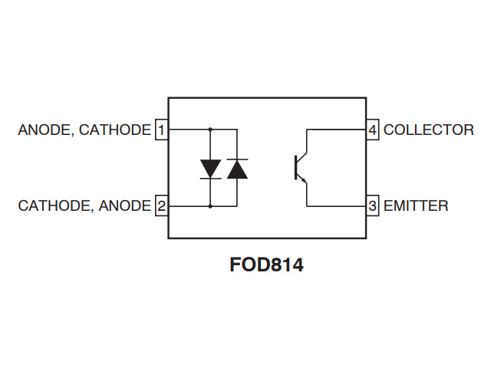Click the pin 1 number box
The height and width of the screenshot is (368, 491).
tap(162, 130)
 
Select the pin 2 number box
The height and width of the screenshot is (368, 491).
tap(162, 205)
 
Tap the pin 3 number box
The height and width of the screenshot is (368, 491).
tap(373, 205)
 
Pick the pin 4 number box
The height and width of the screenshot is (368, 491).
tap(373, 130)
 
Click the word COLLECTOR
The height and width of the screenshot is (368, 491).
tap(429, 130)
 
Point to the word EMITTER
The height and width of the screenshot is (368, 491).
tap(416, 206)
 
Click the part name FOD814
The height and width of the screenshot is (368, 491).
tap(266, 264)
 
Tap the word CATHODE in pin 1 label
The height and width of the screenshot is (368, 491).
tap(115, 130)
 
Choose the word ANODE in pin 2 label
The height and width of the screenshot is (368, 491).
tap(125, 206)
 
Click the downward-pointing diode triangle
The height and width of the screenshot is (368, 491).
tap(210, 169)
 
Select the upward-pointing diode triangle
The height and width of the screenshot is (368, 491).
tap(237, 169)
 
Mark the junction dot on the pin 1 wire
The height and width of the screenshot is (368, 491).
tap(210, 130)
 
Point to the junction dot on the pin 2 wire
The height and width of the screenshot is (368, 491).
tap(210, 206)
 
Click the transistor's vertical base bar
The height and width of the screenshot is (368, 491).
tap(295, 167)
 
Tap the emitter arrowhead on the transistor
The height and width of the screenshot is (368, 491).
tap(304, 180)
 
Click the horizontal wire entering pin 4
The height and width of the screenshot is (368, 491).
tap(337, 130)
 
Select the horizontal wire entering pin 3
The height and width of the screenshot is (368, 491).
tap(337, 206)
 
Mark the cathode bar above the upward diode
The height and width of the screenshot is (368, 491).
tap(237, 159)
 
